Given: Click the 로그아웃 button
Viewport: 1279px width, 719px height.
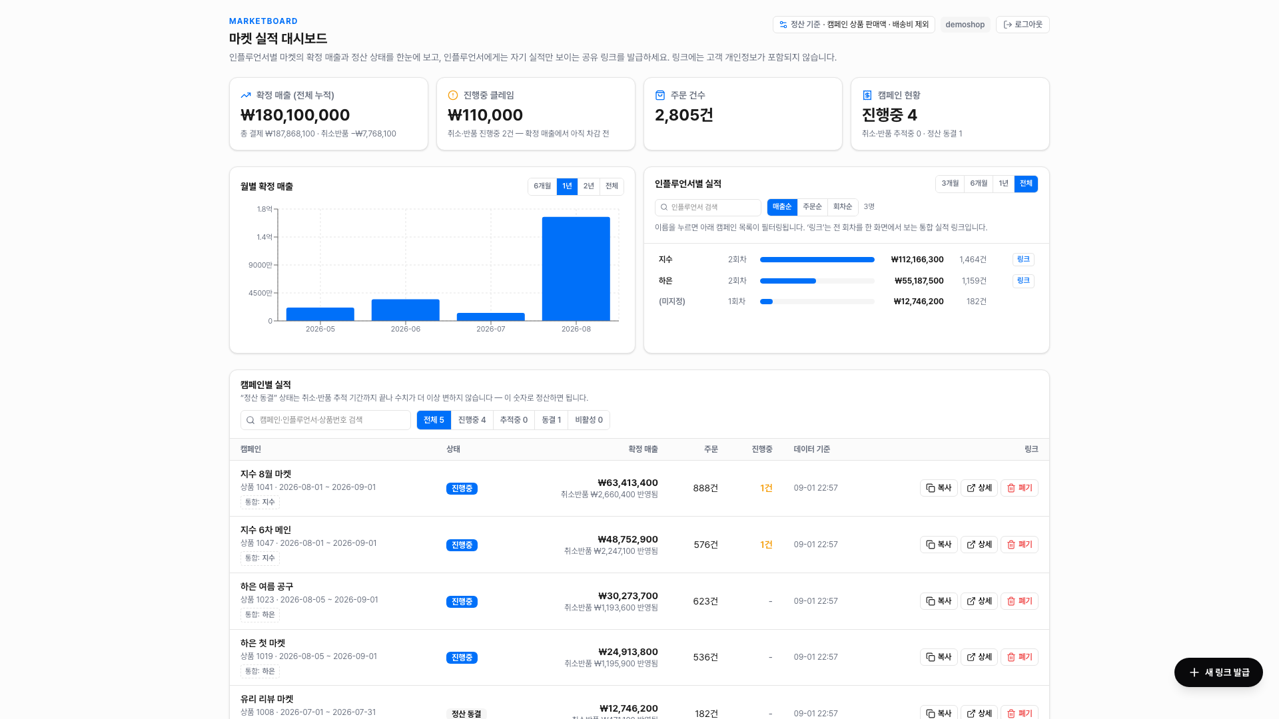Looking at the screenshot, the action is tap(1023, 25).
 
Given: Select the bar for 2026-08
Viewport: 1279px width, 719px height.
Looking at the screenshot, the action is tap(576, 269).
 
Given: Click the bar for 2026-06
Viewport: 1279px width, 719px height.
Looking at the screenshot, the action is tap(406, 310).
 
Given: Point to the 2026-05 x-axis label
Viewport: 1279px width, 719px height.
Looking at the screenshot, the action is tap(320, 329).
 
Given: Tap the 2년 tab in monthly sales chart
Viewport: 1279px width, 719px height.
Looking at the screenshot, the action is tap(588, 186).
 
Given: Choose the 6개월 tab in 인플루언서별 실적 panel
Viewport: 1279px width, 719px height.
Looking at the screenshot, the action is tap(979, 184).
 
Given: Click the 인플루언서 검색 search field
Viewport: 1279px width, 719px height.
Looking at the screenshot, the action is tap(708, 207).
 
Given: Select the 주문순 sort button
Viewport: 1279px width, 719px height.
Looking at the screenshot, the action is tap(812, 207).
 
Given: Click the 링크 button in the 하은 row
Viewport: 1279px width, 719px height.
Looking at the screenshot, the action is tap(1023, 281).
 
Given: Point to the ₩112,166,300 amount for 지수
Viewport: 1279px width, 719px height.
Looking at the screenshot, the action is tap(917, 260).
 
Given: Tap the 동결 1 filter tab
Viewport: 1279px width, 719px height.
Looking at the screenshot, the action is tap(551, 420).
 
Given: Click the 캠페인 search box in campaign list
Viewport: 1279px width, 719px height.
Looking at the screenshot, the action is tap(326, 420).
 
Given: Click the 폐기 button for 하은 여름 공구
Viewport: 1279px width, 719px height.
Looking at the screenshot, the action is tap(1019, 601).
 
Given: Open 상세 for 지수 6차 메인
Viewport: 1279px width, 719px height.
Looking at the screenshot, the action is tap(979, 545).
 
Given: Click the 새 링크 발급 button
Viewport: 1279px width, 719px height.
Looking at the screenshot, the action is tap(1218, 672).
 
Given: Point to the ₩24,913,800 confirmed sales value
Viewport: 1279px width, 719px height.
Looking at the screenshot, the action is tap(628, 652).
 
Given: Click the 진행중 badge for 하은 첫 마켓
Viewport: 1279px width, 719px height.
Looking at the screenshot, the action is tap(462, 658).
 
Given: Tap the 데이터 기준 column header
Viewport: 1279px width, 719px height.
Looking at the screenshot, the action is tap(812, 449).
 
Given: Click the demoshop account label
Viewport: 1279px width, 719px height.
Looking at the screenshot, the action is tap(965, 25).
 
